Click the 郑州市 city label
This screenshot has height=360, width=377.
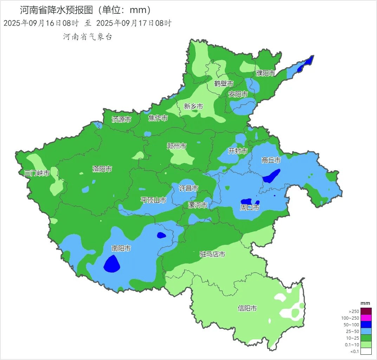click(x=176, y=146)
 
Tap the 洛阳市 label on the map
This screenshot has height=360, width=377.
click(x=102, y=169)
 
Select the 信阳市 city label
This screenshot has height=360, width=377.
click(x=247, y=308)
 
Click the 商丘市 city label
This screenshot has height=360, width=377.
click(x=271, y=160)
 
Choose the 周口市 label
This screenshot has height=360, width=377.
click(x=249, y=208)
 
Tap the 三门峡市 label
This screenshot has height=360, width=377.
click(x=37, y=173)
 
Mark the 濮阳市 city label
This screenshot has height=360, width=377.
click(x=265, y=73)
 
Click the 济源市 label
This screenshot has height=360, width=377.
click(x=121, y=119)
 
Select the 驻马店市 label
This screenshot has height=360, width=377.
click(x=212, y=254)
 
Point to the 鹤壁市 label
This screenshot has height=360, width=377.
click(x=224, y=84)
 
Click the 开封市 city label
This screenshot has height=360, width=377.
click(x=238, y=151)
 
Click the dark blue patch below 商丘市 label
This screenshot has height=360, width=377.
click(x=272, y=176)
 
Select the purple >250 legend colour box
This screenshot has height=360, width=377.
click(x=366, y=311)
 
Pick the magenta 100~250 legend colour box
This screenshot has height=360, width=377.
click(x=366, y=318)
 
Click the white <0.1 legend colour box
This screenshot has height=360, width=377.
click(x=366, y=351)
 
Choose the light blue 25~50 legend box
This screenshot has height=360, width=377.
click(x=366, y=331)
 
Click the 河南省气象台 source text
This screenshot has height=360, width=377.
click(x=87, y=37)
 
